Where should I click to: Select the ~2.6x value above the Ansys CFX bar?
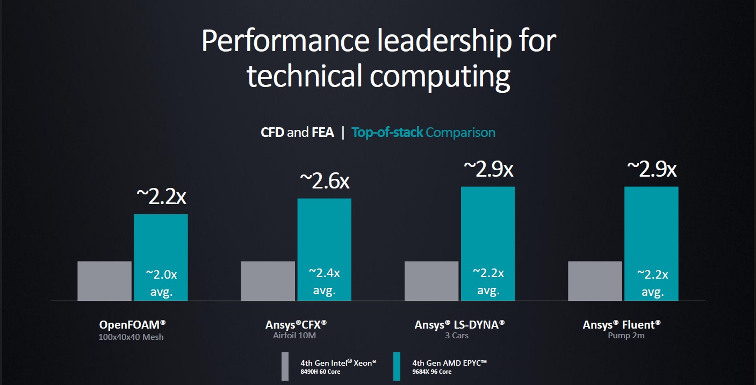pyautogui.click(x=324, y=181)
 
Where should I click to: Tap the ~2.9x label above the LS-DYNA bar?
pyautogui.click(x=488, y=169)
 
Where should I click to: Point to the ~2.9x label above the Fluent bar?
pyautogui.click(x=651, y=169)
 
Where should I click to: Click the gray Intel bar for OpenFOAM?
pyautogui.click(x=104, y=281)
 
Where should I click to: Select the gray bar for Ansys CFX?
pyautogui.click(x=268, y=281)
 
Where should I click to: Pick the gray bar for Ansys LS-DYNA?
pyautogui.click(x=431, y=281)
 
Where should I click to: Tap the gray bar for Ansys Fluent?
pyautogui.click(x=595, y=281)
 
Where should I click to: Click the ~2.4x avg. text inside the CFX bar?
pyautogui.click(x=324, y=281)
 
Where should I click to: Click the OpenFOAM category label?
pyautogui.click(x=132, y=325)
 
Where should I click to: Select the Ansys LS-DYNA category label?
pyautogui.click(x=459, y=325)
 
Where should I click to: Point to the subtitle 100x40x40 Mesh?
pyautogui.click(x=131, y=337)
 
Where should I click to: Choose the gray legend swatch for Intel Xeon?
pyautogui.click(x=285, y=366)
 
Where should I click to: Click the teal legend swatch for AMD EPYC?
pyautogui.click(x=397, y=366)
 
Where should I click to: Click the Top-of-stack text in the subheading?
pyautogui.click(x=387, y=132)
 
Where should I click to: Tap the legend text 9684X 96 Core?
pyautogui.click(x=432, y=372)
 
